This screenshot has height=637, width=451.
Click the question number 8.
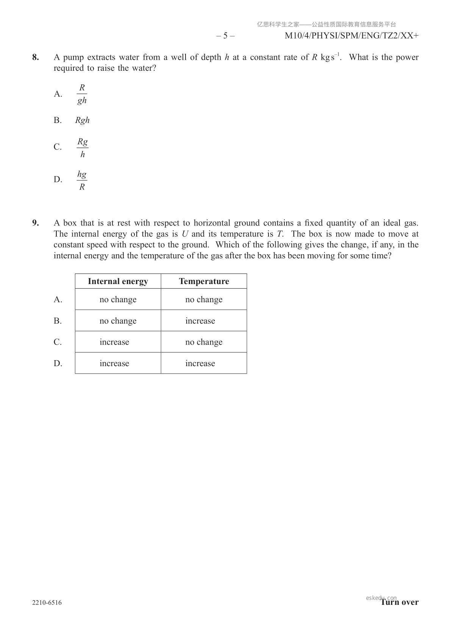[35, 57]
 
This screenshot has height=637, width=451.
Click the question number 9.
[35, 223]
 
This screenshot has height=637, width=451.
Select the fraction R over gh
[82, 94]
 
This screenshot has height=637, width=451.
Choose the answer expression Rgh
[82, 120]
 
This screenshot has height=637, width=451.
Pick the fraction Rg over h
[82, 148]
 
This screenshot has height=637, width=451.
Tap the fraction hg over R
[82, 180]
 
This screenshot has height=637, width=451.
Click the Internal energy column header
[118, 281]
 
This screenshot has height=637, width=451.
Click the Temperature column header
[204, 281]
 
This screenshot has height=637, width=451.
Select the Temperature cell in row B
[200, 321]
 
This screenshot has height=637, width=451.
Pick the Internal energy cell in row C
[114, 342]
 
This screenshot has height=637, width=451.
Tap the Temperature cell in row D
[200, 364]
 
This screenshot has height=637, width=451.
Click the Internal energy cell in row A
[118, 300]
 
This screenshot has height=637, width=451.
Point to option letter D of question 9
[58, 364]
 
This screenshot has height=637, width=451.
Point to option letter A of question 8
[58, 94]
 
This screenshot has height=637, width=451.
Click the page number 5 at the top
[225, 36]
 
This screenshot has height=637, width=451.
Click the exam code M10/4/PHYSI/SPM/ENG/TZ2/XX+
[351, 36]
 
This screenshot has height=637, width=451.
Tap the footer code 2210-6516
[47, 603]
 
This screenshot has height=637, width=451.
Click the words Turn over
[400, 602]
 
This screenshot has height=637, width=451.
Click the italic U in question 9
[185, 234]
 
